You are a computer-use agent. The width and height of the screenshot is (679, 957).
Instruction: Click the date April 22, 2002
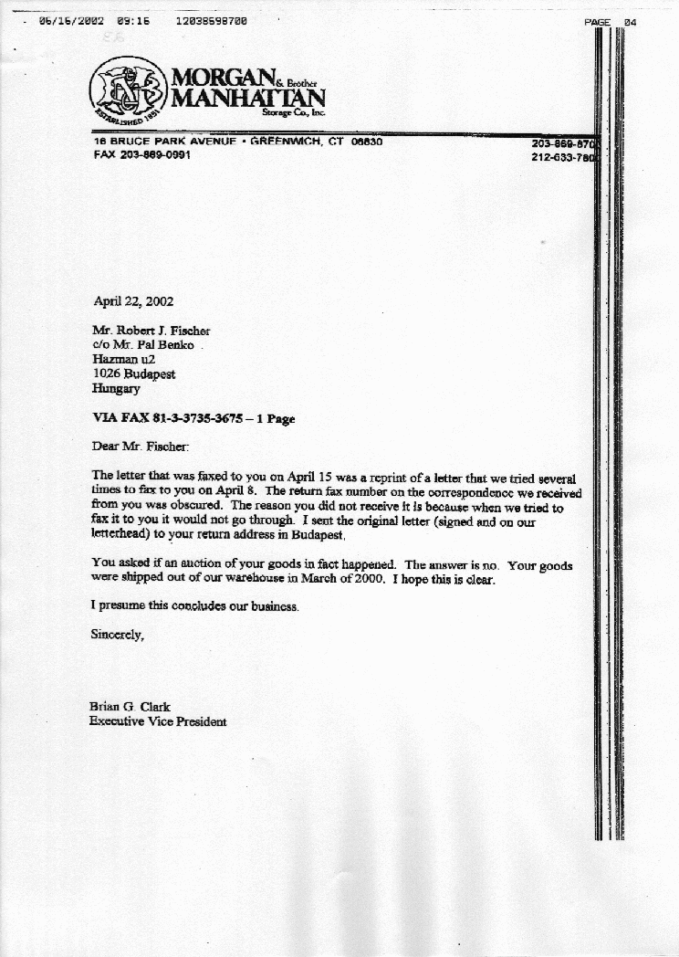click(133, 300)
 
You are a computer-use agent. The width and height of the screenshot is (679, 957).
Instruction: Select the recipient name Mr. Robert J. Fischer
click(151, 331)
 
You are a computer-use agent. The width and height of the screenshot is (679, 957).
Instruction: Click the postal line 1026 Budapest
click(134, 373)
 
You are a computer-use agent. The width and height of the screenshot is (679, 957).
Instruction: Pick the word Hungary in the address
click(116, 388)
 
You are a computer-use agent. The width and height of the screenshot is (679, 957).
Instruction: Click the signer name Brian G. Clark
click(130, 706)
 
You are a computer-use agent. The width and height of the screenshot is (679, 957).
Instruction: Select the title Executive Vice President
click(157, 721)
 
